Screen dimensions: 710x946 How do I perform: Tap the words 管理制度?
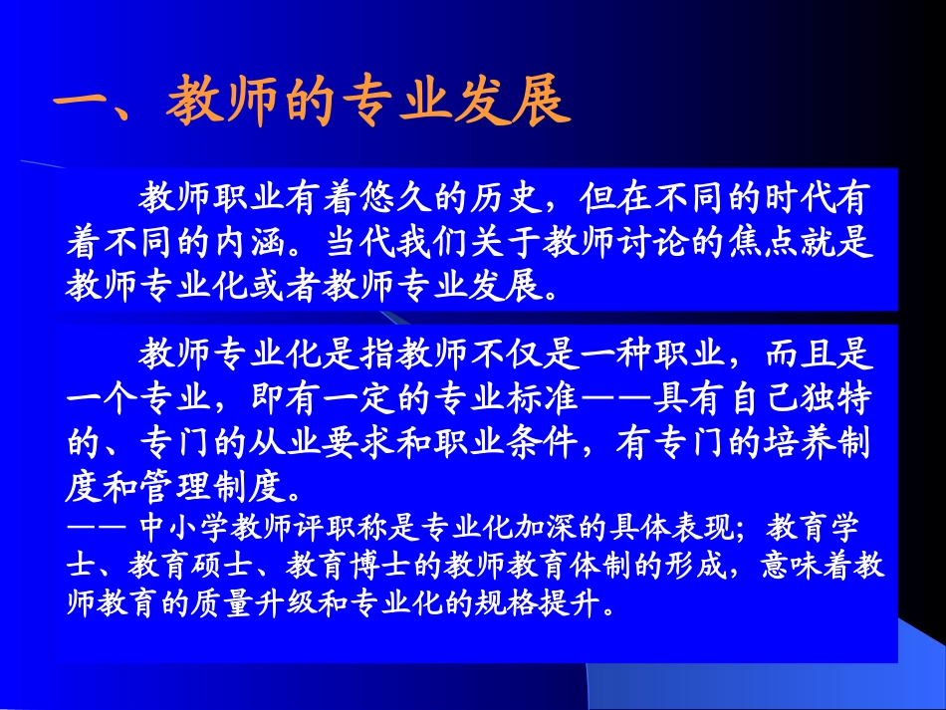click(x=212, y=485)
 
